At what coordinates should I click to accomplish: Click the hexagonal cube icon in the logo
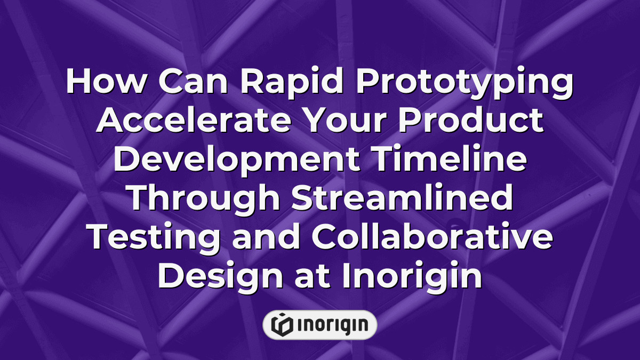[281, 325]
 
